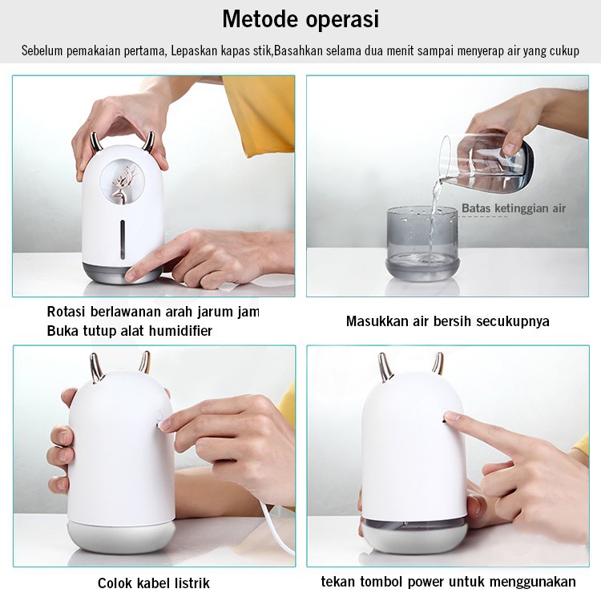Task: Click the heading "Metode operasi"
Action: [300, 18]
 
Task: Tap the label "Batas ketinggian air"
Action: [514, 208]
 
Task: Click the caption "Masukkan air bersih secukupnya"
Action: [447, 321]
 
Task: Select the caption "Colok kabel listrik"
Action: [154, 583]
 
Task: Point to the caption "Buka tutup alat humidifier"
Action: [129, 330]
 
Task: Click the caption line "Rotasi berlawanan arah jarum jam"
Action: [152, 311]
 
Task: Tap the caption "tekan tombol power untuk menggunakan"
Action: [448, 581]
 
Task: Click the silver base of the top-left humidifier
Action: [123, 270]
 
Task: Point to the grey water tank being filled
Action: [421, 240]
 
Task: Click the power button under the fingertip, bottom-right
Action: [446, 417]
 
